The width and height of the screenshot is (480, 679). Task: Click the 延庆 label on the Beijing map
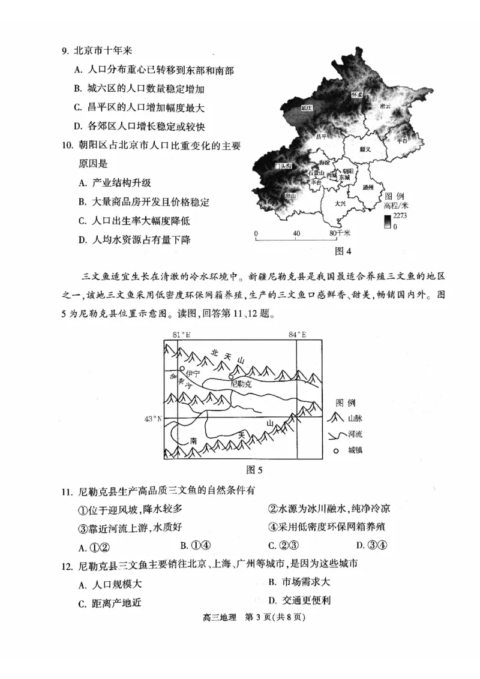(307, 108)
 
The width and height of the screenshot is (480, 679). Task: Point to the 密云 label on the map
(385, 106)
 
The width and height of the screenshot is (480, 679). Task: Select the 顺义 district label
(365, 149)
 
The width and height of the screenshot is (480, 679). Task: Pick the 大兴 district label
(340, 203)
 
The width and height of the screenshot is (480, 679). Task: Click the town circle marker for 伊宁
(182, 368)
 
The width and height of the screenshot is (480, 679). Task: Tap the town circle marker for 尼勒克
(232, 375)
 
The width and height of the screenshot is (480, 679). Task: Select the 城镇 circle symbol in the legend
(337, 450)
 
